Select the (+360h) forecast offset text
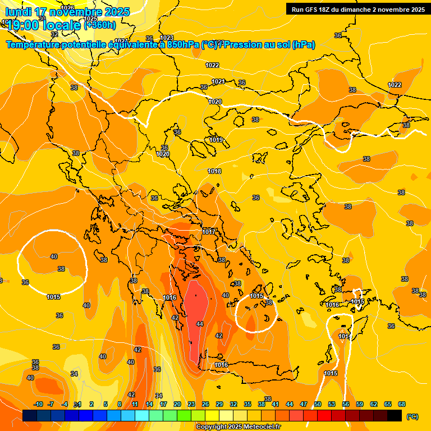100,25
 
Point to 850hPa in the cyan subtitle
182,45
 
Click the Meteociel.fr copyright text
239,427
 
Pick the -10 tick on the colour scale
38,404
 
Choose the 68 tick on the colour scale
402,404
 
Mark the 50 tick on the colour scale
318,404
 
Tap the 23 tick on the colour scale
191,404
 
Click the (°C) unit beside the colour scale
412,416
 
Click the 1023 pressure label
167,38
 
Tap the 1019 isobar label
216,140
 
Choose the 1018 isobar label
214,171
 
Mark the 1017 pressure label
209,232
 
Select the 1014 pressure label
345,336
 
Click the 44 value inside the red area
200,324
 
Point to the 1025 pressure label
90,19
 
